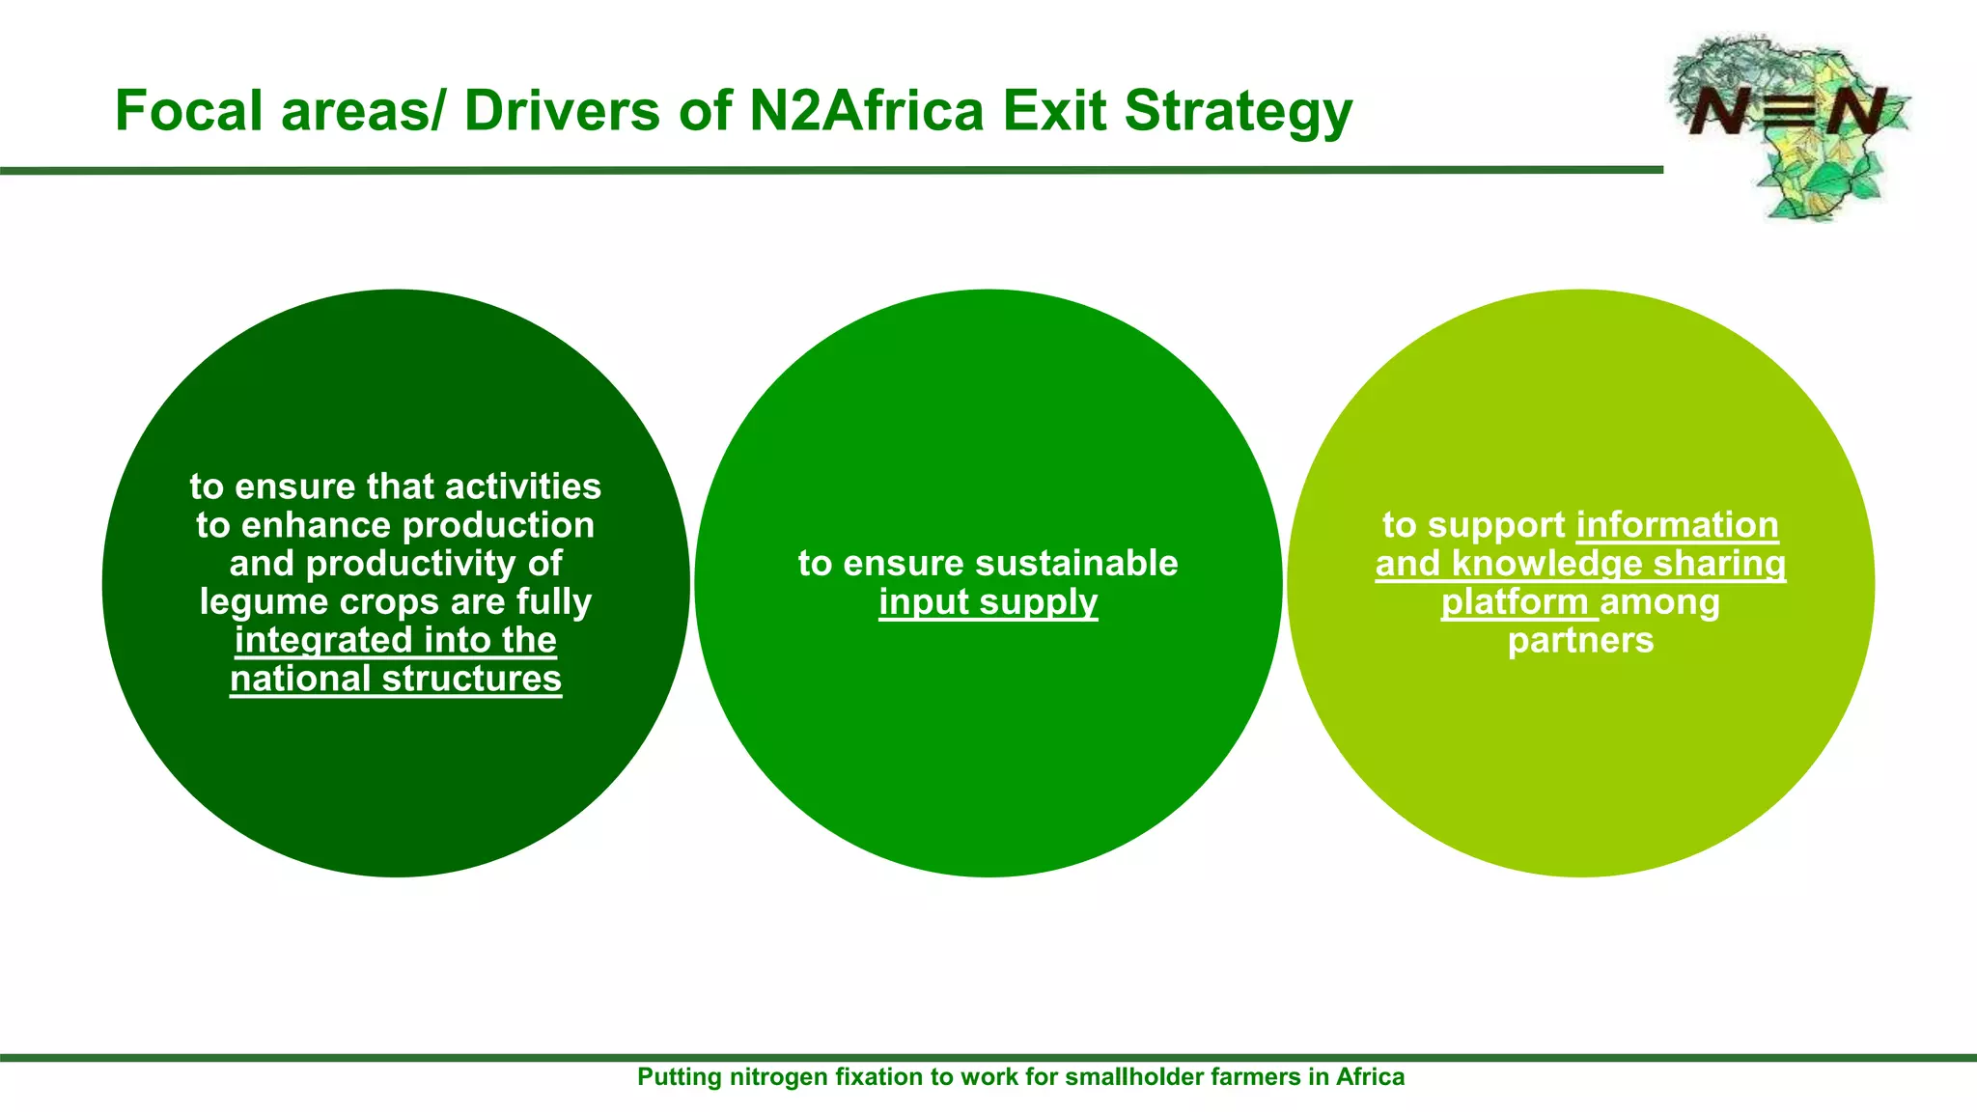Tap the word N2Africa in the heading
[867, 110]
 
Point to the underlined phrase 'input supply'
[988, 602]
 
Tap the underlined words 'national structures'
[396, 679]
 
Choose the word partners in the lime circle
[1580, 640]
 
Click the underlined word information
[1677, 525]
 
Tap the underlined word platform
[1515, 602]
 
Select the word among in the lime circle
[1659, 602]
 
